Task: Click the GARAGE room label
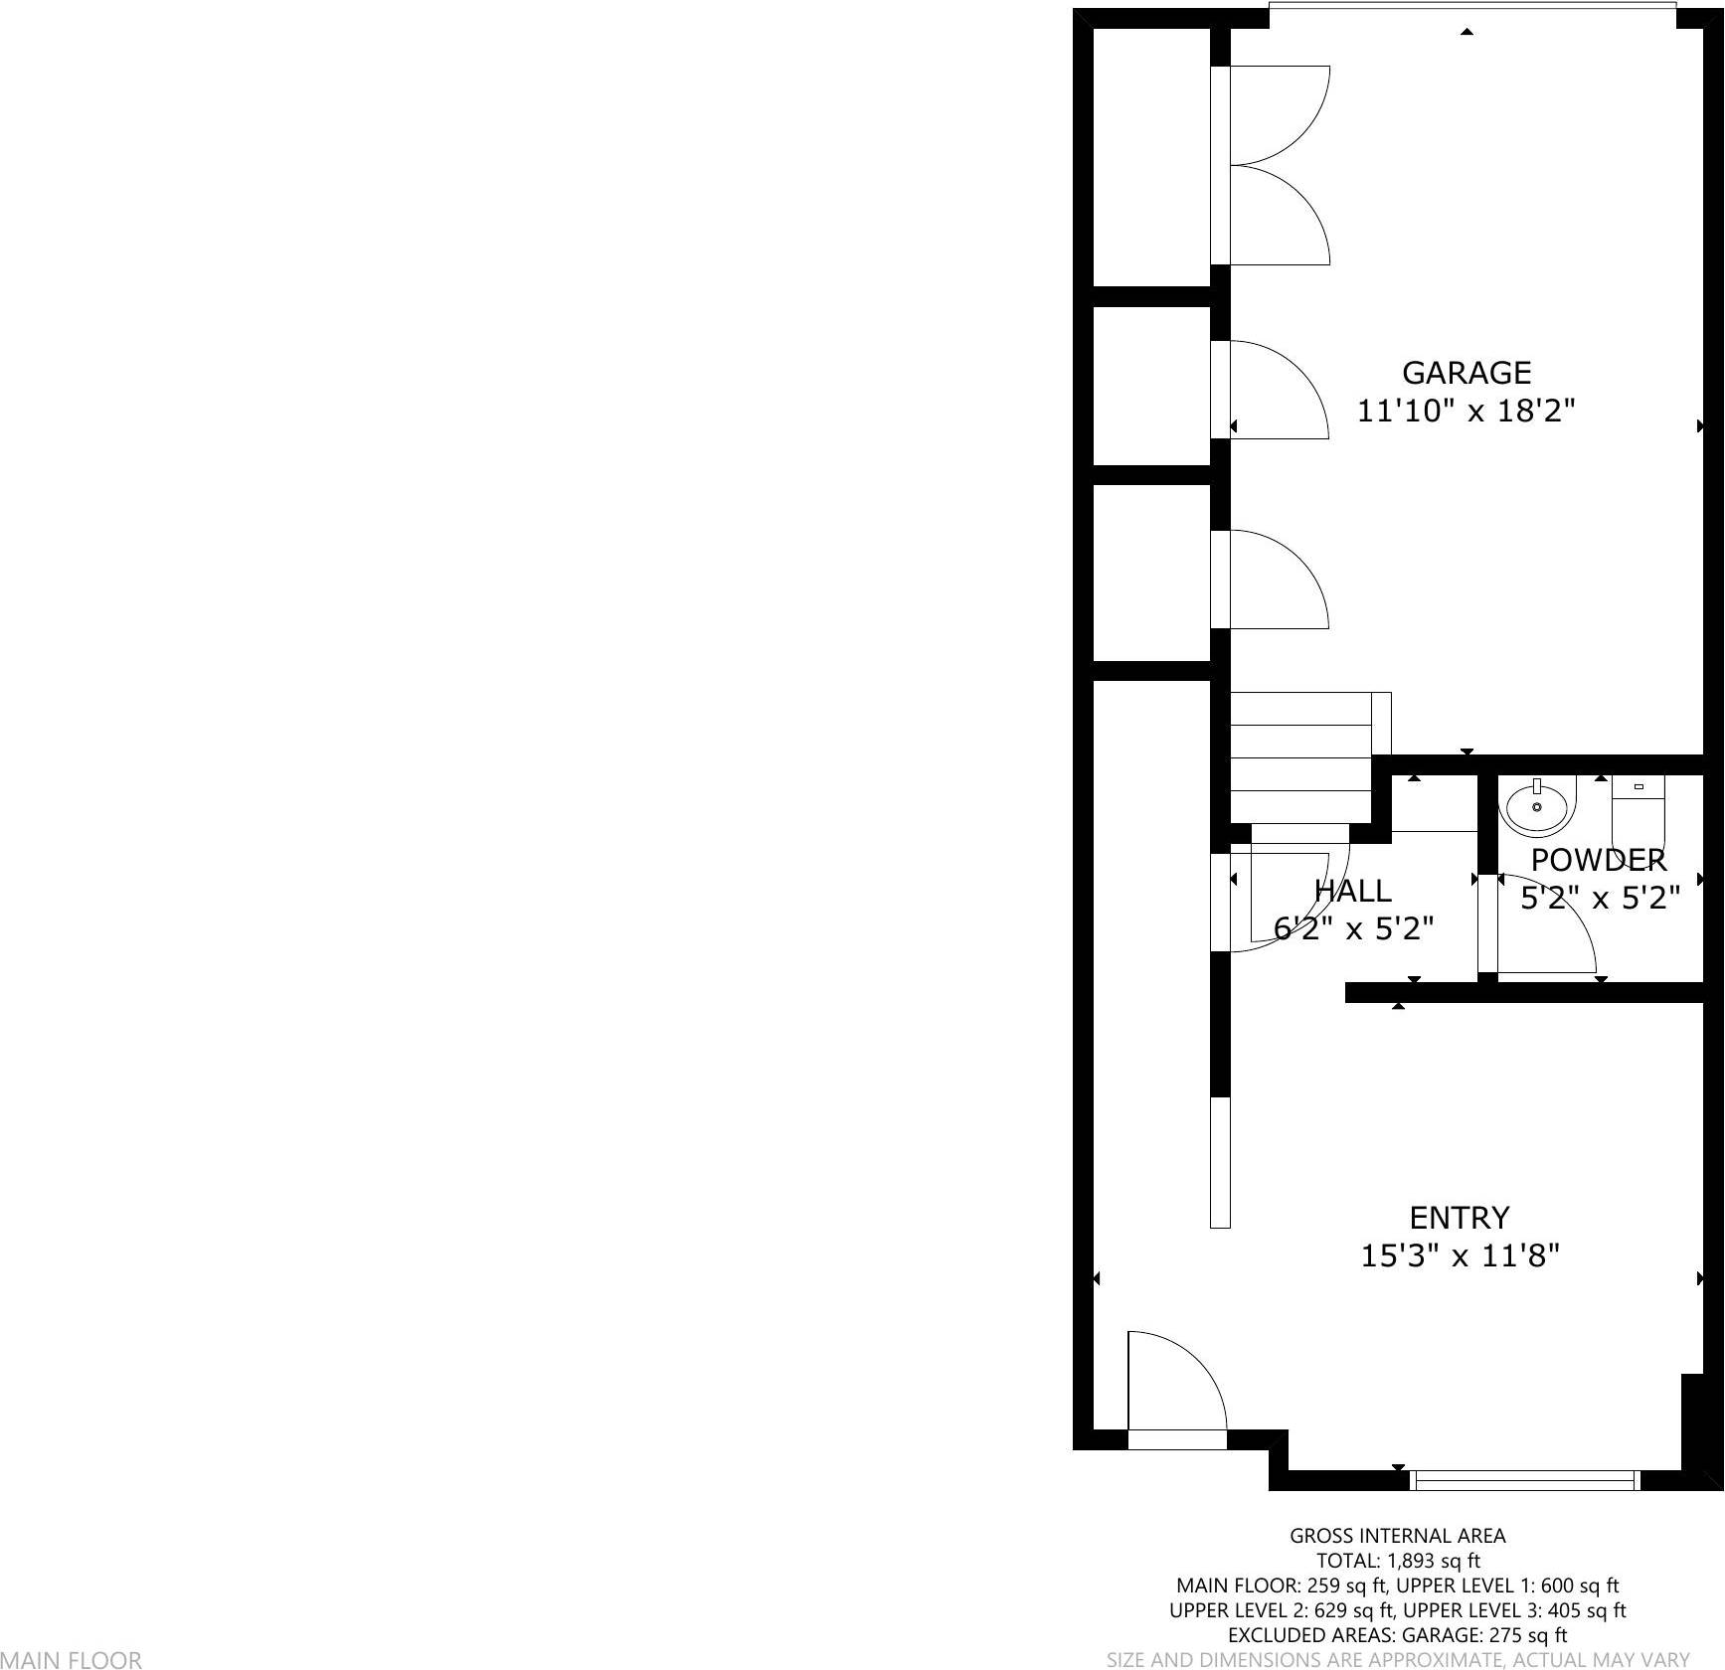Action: [1466, 373]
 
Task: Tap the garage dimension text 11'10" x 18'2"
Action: [1466, 411]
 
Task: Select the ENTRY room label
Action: [1459, 1218]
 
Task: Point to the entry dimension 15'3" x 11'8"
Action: [1459, 1256]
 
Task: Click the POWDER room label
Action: [1598, 860]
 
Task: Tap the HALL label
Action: [1352, 891]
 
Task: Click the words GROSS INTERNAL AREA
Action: [1397, 1536]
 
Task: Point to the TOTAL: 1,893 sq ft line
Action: [1397, 1561]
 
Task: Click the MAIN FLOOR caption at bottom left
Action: [71, 1659]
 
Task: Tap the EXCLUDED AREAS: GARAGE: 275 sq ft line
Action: [1397, 1635]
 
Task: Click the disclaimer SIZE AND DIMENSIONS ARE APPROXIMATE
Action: [1397, 1659]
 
